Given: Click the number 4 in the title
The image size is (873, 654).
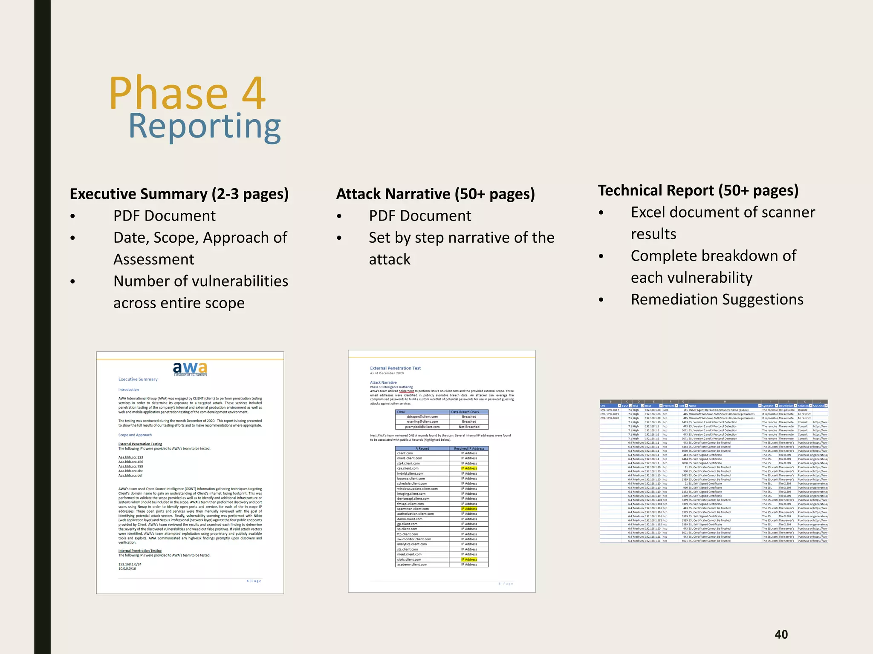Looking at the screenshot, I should point(254,93).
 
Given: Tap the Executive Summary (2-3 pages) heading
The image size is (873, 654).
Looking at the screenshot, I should point(179,194).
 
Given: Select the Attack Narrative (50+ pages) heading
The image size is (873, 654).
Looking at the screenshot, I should point(435,194).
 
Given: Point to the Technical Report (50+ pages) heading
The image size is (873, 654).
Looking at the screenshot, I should point(698,191).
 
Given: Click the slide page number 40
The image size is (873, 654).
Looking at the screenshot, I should point(781,634).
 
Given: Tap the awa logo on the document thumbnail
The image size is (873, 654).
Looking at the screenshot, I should point(190,368).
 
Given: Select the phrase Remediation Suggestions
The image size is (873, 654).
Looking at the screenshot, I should point(717,300).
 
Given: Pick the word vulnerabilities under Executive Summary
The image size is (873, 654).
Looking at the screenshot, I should point(239,281).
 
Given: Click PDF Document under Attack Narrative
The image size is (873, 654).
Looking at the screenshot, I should point(420,216).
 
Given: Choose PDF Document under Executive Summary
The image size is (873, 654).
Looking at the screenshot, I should point(164,216).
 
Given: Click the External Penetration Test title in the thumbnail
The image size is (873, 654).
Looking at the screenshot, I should point(395,368).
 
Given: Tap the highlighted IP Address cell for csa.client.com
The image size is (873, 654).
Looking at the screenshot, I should point(469,468).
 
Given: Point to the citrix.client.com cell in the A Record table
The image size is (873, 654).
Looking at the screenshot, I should point(409,559).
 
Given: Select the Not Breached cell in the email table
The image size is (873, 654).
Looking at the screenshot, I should point(469,427).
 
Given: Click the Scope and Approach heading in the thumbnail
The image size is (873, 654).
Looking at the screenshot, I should point(135,435).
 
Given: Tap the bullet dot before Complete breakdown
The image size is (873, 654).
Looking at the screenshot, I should point(601,256).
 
